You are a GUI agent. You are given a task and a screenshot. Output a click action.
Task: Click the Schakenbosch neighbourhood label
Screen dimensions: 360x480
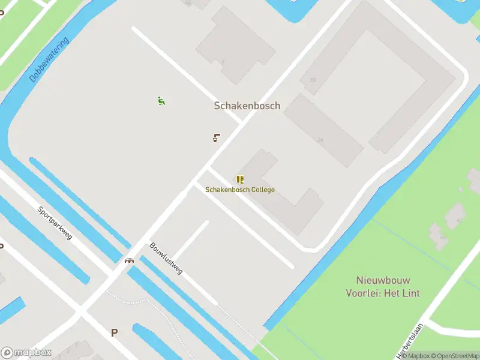click(247, 106)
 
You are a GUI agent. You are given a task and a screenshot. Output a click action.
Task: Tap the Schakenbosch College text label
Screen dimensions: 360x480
click(240, 190)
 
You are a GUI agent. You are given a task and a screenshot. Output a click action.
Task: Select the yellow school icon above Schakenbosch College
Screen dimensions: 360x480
click(240, 179)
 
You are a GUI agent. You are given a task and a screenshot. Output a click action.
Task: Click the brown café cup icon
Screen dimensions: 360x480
click(217, 138)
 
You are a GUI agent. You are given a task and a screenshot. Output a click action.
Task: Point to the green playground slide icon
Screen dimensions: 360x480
click(161, 101)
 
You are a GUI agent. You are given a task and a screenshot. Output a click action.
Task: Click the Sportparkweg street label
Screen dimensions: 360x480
click(55, 223)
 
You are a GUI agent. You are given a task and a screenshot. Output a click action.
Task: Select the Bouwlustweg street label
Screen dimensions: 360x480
click(166, 259)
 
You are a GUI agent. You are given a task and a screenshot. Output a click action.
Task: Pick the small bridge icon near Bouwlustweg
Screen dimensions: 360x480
click(129, 260)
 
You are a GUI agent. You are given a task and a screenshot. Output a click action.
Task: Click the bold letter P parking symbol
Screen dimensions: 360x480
click(114, 332)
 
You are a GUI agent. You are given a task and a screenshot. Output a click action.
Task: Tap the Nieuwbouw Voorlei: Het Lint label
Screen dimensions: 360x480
click(383, 287)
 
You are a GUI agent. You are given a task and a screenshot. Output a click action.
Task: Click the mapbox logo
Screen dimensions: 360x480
click(26, 353)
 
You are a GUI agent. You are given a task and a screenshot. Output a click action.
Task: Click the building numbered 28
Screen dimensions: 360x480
click(313, 80)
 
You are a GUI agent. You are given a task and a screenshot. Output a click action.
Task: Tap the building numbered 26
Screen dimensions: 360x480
click(320, 140)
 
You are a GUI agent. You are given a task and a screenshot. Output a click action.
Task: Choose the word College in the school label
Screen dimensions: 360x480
click(263, 190)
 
